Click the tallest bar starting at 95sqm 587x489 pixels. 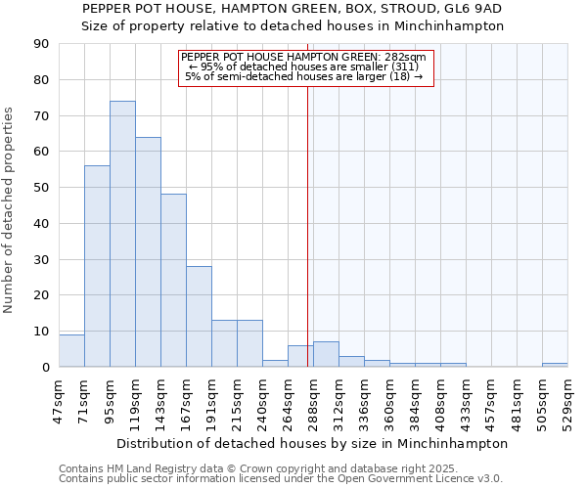pyautogui.click(x=122, y=235)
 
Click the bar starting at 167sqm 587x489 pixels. pyautogui.click(x=199, y=317)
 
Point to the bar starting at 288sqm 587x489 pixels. pyautogui.click(x=326, y=355)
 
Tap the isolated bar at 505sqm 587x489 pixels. pyautogui.click(x=555, y=365)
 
